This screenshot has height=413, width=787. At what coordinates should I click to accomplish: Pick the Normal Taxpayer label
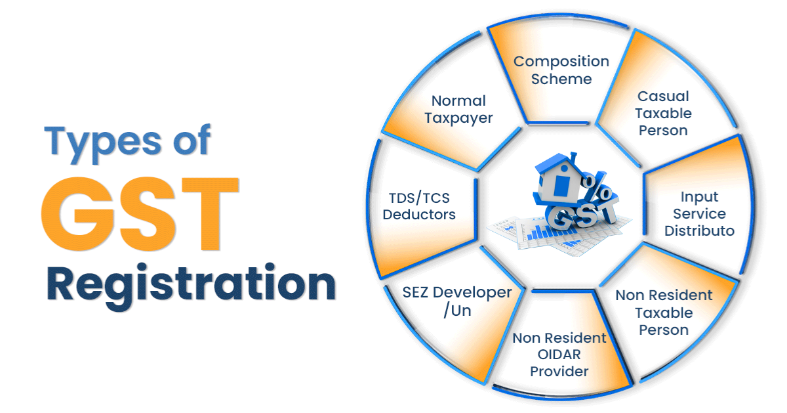(x=458, y=110)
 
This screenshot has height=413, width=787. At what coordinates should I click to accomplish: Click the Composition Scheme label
(x=561, y=70)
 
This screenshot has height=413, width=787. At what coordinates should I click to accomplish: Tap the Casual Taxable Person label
(x=664, y=114)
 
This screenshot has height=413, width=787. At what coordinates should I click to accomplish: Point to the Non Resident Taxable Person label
(x=664, y=313)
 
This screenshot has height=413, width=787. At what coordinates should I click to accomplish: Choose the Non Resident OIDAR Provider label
(x=559, y=355)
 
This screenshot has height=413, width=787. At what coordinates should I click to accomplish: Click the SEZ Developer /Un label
(x=457, y=301)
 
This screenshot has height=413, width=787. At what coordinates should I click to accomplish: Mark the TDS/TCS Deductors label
(x=419, y=206)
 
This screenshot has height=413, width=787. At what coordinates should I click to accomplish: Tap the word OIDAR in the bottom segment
(x=559, y=355)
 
